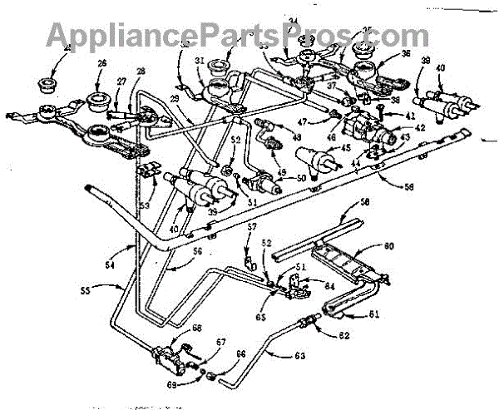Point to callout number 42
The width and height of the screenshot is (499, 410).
click(398, 126)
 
